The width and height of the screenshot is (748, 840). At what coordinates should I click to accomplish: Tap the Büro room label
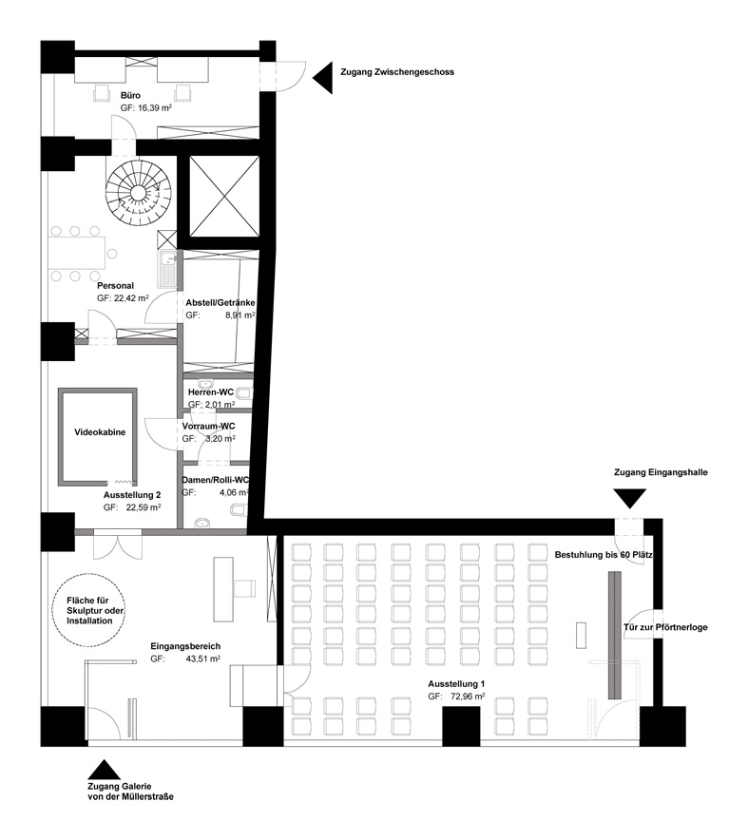[131, 95]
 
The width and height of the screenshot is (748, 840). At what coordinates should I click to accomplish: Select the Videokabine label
[100, 431]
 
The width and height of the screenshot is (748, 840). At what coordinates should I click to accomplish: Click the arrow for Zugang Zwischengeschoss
[322, 77]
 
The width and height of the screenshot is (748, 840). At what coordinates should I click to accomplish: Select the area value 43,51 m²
[202, 659]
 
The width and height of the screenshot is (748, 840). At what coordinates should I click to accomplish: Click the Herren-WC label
[211, 392]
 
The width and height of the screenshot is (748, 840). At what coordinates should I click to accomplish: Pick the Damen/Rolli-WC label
[216, 480]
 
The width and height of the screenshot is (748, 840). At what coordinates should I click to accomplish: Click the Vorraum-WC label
[208, 426]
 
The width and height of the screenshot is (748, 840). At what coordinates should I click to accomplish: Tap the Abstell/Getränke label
[221, 303]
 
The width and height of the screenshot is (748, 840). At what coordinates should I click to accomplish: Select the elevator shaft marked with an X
[224, 196]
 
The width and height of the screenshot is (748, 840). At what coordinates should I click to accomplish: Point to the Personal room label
[115, 285]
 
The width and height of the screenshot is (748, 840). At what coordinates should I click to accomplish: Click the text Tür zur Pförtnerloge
[665, 627]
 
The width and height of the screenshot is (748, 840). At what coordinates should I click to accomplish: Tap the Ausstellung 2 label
[132, 494]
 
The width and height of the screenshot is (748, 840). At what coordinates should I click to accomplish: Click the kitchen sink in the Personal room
[167, 270]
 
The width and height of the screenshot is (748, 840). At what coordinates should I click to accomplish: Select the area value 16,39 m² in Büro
[154, 107]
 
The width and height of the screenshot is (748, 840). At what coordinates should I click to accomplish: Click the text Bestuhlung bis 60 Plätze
[604, 555]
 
